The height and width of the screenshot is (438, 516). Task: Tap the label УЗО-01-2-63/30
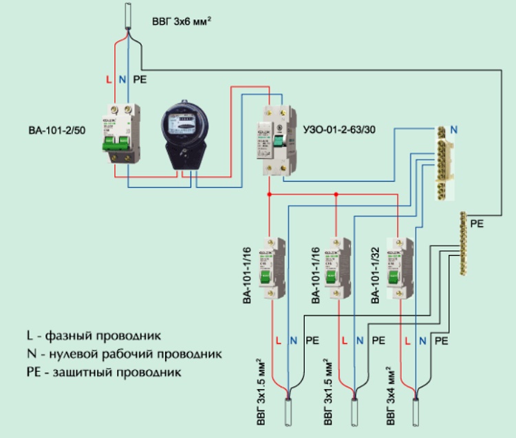click(339, 129)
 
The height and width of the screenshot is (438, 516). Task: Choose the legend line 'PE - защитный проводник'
click(103, 373)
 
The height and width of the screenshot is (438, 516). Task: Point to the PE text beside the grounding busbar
click(477, 224)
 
